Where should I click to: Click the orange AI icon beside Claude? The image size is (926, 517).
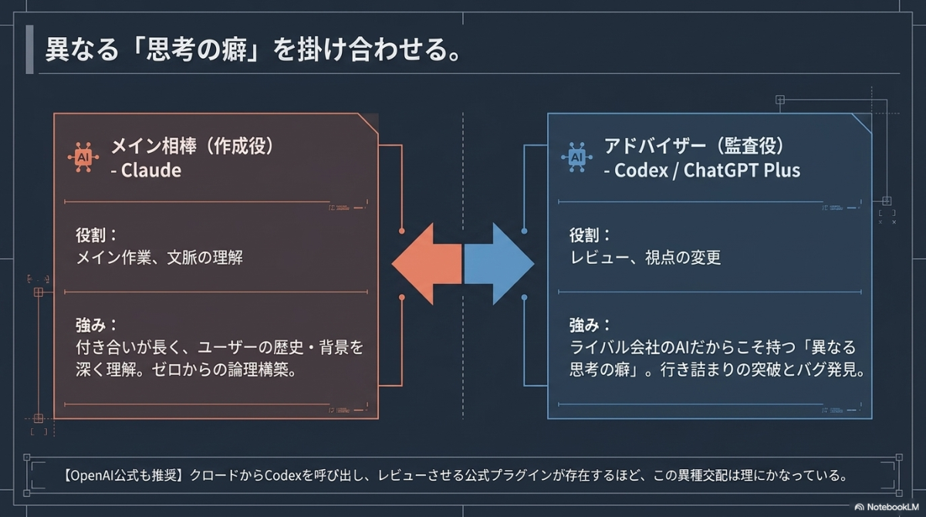83,157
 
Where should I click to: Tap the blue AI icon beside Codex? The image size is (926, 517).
576,157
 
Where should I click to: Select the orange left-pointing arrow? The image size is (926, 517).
427,264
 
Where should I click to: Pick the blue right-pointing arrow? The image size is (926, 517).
499,264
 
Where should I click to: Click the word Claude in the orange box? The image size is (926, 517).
151,171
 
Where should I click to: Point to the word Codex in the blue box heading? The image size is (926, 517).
641,171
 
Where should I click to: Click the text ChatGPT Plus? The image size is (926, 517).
742,171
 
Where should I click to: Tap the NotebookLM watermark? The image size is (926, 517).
887,507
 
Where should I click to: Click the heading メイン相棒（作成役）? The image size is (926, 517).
193,146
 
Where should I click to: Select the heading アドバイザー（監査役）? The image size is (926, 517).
694,146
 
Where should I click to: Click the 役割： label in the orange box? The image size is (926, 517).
96,235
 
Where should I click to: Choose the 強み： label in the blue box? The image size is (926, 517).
590,325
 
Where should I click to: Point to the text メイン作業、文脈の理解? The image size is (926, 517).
159,258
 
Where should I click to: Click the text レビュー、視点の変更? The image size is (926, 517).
645,258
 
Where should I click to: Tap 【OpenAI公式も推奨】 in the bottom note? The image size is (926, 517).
123,475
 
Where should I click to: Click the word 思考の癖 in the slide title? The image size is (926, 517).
196,49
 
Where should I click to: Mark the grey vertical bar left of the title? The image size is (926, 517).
29,49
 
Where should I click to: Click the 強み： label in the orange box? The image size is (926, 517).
96,325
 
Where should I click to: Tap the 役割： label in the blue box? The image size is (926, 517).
590,235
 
